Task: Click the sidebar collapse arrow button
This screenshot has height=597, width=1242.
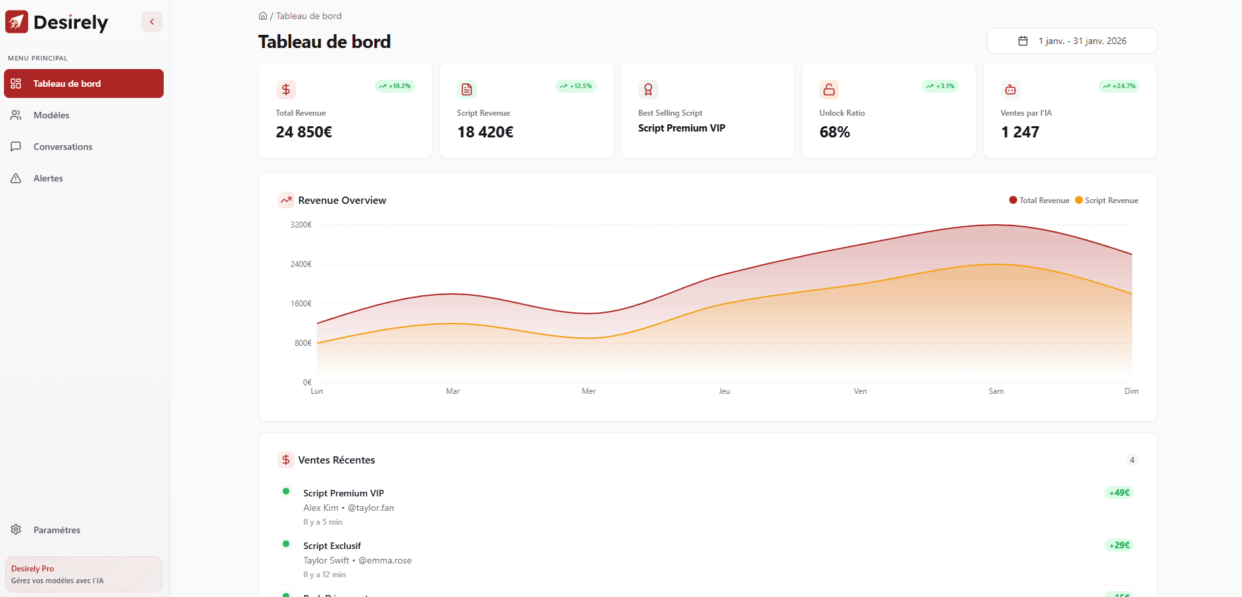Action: point(152,22)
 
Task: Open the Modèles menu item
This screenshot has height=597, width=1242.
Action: point(51,115)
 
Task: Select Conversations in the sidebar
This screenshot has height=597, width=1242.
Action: point(62,147)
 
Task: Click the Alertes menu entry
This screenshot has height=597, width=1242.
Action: point(48,178)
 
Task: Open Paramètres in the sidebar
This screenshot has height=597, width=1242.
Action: point(57,530)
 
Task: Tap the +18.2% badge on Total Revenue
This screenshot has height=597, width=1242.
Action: point(394,86)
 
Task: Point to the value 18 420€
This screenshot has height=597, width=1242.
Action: point(485,132)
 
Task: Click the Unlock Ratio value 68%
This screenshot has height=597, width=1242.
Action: point(834,132)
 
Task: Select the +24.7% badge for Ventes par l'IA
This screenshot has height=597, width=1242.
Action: point(1119,86)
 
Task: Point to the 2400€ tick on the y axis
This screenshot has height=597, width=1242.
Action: point(301,264)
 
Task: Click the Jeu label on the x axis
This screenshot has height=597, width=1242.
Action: point(724,391)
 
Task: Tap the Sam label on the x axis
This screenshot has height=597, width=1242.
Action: point(995,391)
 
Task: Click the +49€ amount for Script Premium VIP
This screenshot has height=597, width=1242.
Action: point(1119,492)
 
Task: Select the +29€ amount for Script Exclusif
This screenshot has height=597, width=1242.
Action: point(1119,545)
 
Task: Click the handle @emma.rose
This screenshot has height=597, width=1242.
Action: point(385,560)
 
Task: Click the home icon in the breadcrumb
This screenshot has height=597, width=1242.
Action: point(263,16)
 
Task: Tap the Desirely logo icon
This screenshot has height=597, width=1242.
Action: point(16,22)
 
